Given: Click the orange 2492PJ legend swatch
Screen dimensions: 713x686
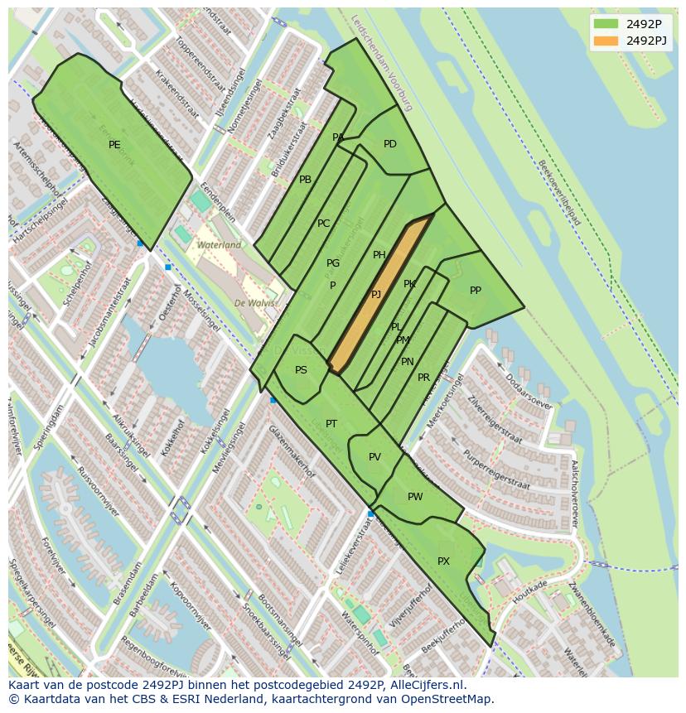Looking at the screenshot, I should coord(606,41).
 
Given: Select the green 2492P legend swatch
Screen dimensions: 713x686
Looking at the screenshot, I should coord(606,24).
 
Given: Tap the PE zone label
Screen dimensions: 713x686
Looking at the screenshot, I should coord(114,145).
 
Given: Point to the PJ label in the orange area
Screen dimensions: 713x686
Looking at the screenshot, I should coord(376,295).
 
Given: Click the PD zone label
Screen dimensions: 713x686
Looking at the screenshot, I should coord(390,144).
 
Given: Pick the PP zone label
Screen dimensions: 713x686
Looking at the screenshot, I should coord(476,291).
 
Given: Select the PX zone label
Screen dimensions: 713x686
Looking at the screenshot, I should coord(443,561).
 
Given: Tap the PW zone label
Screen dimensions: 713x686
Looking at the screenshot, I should coord(415,497).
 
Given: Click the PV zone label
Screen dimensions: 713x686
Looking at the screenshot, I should coord(374,457).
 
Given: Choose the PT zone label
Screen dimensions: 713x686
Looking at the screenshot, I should coord(331,424).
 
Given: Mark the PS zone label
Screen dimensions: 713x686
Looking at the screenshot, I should coord(301,370).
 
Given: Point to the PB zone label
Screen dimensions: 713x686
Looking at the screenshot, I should coord(305,180).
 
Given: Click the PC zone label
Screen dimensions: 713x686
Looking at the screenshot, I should coord(323,224).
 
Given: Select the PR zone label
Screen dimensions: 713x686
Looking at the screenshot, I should coord(423,378).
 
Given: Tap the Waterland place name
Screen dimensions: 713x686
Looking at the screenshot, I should coord(219,245).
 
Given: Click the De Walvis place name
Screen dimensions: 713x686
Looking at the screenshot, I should coord(254,303).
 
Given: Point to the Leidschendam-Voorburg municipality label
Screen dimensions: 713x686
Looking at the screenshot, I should coord(380,63).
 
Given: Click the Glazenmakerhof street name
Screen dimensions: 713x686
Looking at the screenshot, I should coord(291,451).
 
